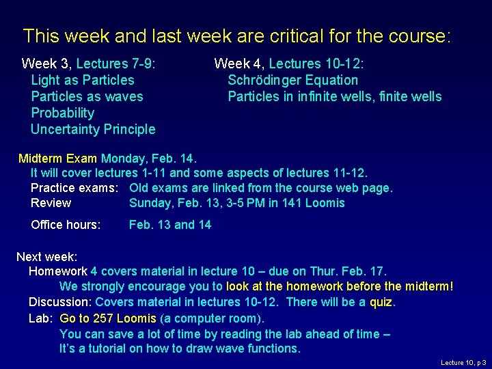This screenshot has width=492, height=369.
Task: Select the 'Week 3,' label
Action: pyautogui.click(x=47, y=64)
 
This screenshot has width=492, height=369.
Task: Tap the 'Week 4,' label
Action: pyautogui.click(x=240, y=64)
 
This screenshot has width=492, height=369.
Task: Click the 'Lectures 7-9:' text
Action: pyautogui.click(x=116, y=64)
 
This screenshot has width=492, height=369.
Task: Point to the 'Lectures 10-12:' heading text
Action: pyautogui.click(x=316, y=64)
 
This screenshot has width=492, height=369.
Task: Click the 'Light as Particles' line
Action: pyautogui.click(x=83, y=80)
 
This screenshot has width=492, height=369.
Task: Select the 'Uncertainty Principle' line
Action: pyautogui.click(x=93, y=129)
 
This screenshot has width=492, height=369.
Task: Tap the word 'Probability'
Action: pyautogui.click(x=63, y=113)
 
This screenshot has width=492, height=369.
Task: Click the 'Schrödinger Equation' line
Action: pyautogui.click(x=292, y=80)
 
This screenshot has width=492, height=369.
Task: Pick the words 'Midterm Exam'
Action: pyautogui.click(x=58, y=159)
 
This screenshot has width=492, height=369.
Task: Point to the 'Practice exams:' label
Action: pyautogui.click(x=74, y=188)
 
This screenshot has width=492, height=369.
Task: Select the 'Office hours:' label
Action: pyautogui.click(x=66, y=225)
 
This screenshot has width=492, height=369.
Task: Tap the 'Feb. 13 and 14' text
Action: pyautogui.click(x=170, y=225)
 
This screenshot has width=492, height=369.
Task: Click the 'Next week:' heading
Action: pyautogui.click(x=46, y=257)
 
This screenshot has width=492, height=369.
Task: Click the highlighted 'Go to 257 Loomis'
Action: pyautogui.click(x=108, y=318)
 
